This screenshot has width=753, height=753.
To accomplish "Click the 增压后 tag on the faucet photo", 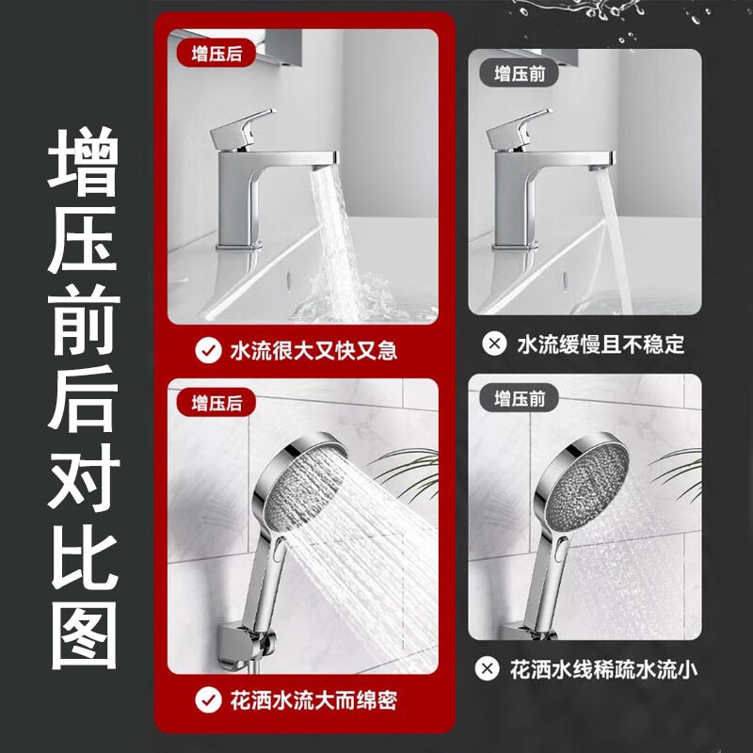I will tap(216, 54).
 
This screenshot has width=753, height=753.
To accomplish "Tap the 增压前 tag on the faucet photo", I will tap(519, 72).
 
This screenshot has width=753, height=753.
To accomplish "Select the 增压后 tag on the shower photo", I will tap(216, 403).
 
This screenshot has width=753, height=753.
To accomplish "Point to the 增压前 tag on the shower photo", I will tap(519, 398).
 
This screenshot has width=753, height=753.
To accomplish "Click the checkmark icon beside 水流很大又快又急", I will tap(206, 351).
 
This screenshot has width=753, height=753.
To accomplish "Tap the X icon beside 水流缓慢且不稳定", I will tap(493, 345).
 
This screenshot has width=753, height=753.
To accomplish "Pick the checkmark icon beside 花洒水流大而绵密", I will tap(206, 700).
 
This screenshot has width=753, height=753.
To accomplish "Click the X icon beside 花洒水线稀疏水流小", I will tap(487, 670).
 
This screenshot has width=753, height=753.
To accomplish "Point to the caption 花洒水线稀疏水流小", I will tap(602, 670).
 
